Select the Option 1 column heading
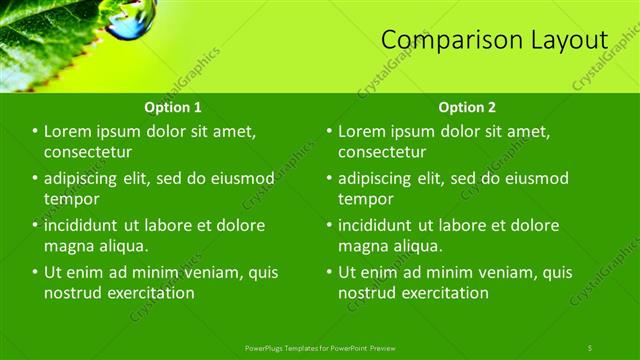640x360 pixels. click(172, 107)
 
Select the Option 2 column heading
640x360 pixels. click(466, 107)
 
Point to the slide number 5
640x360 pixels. click(590, 347)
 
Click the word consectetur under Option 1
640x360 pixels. click(88, 152)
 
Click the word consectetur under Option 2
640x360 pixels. click(383, 152)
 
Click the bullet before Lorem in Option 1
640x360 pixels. click(35, 132)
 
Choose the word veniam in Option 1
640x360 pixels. click(208, 272)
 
